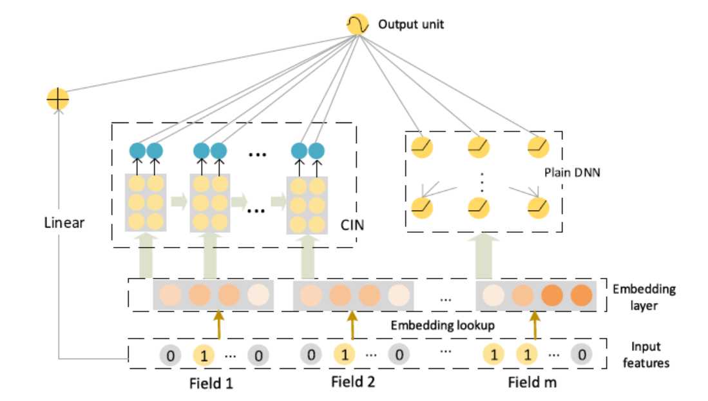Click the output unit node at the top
pyautogui.click(x=356, y=25)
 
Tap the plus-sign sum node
pyautogui.click(x=58, y=100)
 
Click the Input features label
pyautogui.click(x=646, y=355)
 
